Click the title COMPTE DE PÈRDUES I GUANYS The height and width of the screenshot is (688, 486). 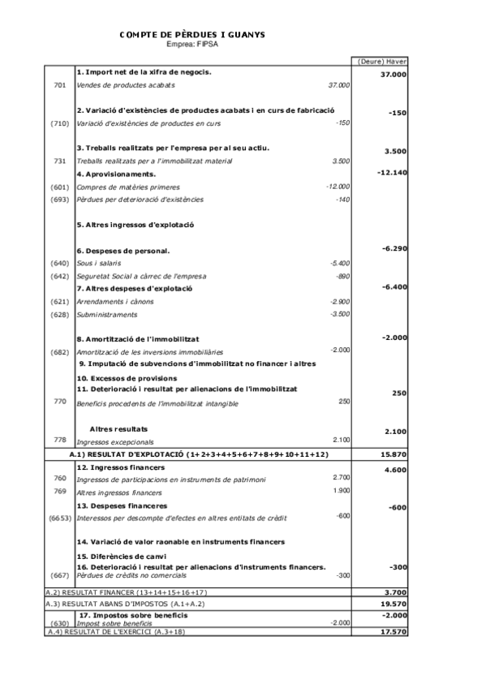tap(191, 35)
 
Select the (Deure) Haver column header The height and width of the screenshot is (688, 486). tap(382, 61)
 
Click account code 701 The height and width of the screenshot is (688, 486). tap(59, 84)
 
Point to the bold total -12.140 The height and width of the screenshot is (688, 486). tap(392, 173)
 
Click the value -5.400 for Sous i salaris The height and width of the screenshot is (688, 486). tap(340, 264)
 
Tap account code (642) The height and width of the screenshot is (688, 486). tap(59, 276)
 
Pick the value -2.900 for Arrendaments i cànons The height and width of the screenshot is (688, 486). tap(340, 301)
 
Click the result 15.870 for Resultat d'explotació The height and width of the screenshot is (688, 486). tap(393, 454)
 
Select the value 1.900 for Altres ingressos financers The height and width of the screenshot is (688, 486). tap(342, 491)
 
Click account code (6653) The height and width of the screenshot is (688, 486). tap(59, 517)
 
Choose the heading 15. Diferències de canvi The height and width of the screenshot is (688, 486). tap(122, 556)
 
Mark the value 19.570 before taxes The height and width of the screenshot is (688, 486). tap(393, 604)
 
